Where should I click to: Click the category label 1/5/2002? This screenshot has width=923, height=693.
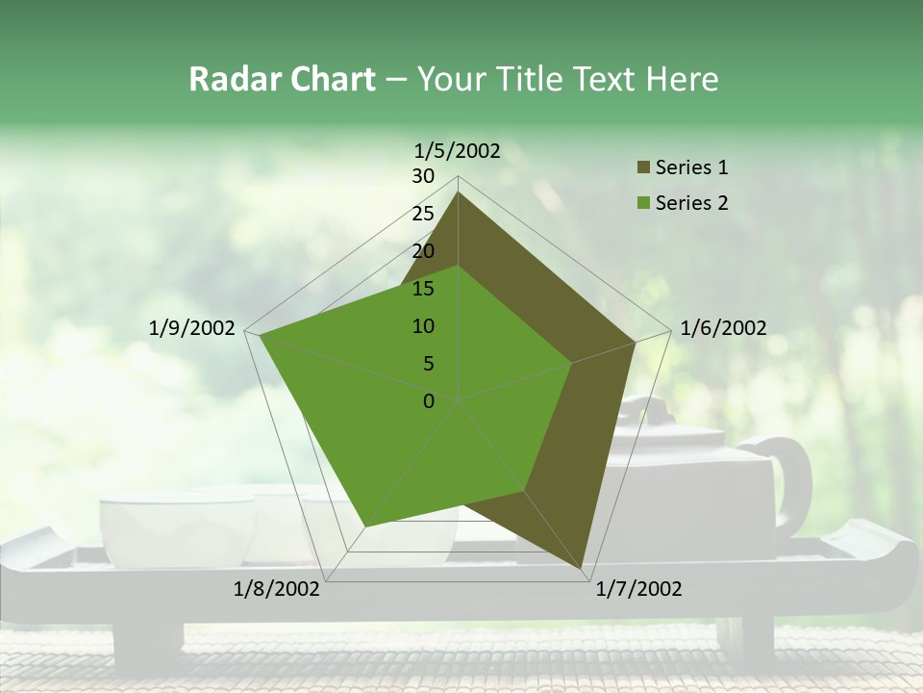point(458,150)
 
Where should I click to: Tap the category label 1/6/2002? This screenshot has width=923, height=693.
point(723,328)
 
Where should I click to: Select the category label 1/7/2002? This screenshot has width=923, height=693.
point(638,589)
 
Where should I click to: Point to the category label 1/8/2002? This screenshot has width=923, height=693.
point(277,589)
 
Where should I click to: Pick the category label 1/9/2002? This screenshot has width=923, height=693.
point(192,328)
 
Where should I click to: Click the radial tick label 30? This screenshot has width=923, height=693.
point(423,176)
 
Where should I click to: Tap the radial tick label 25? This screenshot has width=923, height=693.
point(423,214)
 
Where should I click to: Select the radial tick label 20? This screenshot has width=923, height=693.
point(423,251)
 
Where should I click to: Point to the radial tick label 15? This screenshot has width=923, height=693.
point(423,289)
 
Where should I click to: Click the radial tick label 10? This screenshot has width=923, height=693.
point(423,326)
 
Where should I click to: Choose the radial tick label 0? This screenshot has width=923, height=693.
point(429,401)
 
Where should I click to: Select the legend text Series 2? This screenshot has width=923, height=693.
point(691,203)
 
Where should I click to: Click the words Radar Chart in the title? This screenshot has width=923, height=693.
point(282,79)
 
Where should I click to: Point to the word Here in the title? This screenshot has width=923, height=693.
point(682,79)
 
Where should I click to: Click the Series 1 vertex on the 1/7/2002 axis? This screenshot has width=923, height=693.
point(584,571)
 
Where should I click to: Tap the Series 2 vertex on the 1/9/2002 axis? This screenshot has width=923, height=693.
point(260,335)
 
